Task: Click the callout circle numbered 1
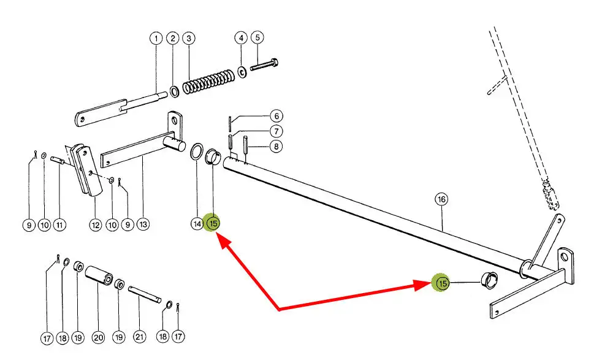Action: point(156,38)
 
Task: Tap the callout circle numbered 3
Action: point(189,38)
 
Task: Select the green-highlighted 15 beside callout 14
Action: point(213,223)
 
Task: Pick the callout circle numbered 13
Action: point(143,224)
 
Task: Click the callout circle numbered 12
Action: point(95,224)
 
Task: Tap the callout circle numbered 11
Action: point(59,224)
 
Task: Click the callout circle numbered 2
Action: point(173,38)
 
